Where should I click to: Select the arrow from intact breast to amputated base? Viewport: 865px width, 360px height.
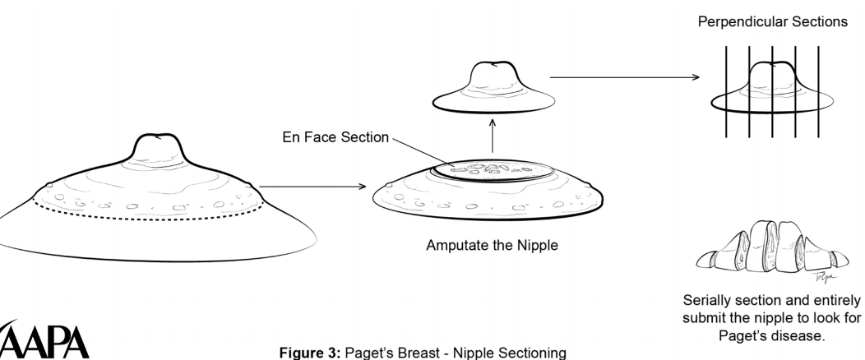312,187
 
